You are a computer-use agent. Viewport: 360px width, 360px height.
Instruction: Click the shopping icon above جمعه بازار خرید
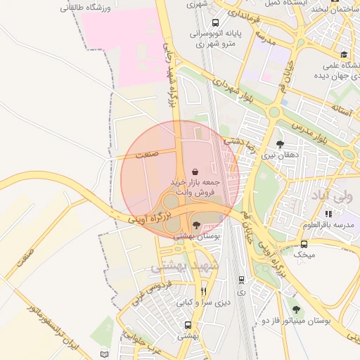click(x=195, y=172)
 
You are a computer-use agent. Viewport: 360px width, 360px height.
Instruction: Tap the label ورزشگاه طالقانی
click(x=86, y=8)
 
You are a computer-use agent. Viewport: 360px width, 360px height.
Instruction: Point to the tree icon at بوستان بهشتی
click(x=195, y=225)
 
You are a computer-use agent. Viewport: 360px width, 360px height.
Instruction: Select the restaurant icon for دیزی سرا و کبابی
click(x=203, y=291)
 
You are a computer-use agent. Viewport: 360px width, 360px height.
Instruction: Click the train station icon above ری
click(x=241, y=279)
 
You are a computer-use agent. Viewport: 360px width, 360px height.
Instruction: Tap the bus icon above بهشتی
click(x=188, y=325)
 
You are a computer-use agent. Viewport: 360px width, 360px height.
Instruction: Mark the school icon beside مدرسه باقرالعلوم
click(x=328, y=214)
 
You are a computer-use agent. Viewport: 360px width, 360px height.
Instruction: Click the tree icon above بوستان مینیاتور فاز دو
click(x=296, y=309)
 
